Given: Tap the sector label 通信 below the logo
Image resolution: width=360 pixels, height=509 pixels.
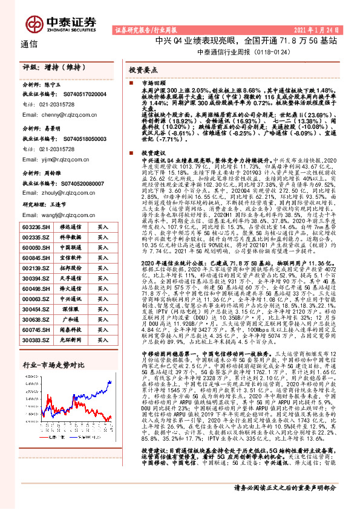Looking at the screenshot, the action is [x=28, y=44].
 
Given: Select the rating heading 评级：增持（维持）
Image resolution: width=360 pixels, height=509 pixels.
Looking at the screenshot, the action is [x=49, y=68].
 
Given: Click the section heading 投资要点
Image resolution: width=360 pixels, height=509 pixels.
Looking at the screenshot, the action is [x=143, y=71].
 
